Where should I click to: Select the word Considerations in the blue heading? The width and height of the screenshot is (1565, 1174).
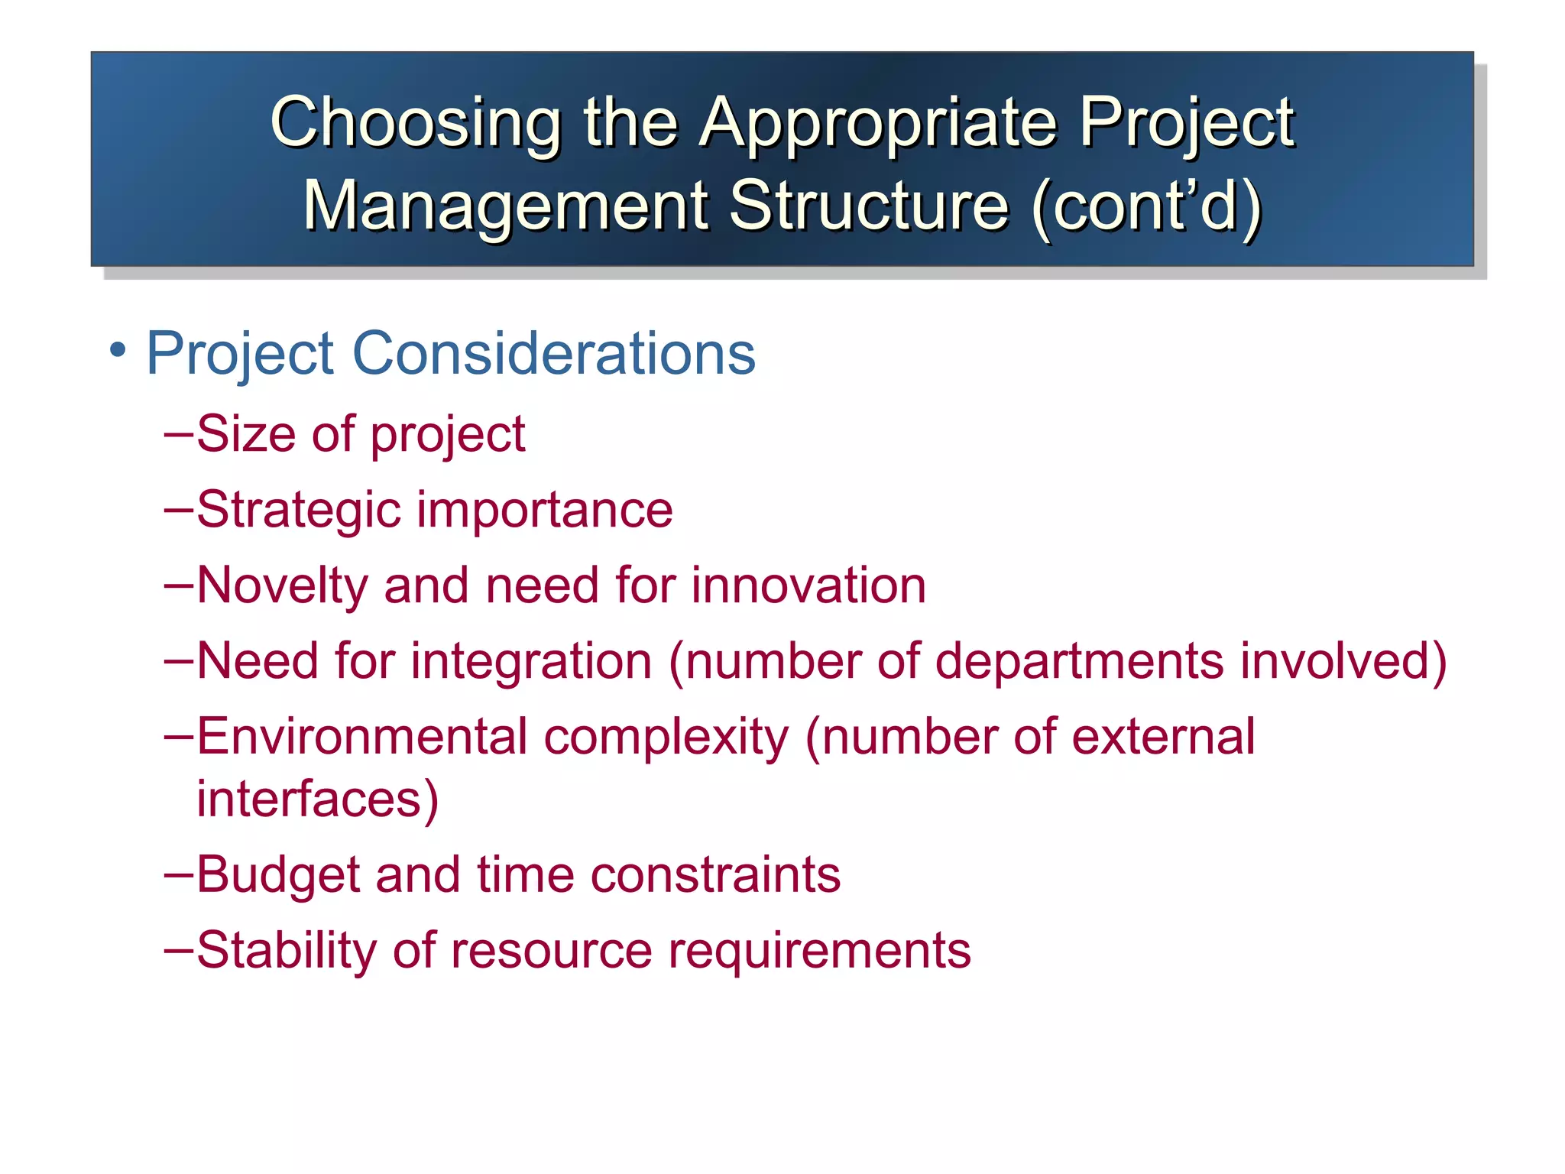pyautogui.click(x=553, y=353)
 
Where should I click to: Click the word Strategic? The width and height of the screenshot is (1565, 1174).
pyautogui.click(x=298, y=510)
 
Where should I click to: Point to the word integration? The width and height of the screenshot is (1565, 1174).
pyautogui.click(x=531, y=661)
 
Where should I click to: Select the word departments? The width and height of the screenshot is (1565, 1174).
pyautogui.click(x=1079, y=661)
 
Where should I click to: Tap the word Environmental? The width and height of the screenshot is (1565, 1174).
pyautogui.click(x=362, y=737)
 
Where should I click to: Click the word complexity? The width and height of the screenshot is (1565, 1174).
pyautogui.click(x=666, y=737)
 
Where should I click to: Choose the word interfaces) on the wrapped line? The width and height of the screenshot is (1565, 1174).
pyautogui.click(x=317, y=799)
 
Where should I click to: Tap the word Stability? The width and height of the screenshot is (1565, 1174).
pyautogui.click(x=287, y=950)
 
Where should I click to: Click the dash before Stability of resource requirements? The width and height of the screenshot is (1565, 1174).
pyautogui.click(x=178, y=950)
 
